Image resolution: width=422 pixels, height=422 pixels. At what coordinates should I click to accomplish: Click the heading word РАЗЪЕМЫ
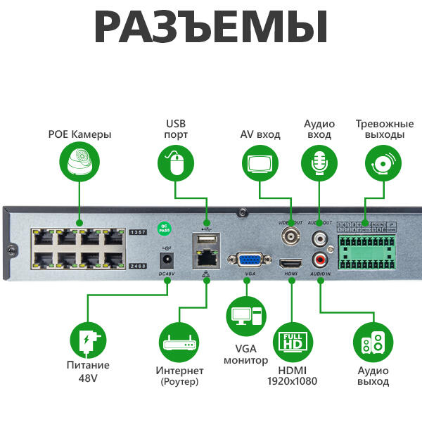pos(211,28)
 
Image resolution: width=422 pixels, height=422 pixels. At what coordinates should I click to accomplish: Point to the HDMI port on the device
pos(291,264)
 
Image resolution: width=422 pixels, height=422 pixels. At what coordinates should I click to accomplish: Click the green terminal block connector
pos(366,250)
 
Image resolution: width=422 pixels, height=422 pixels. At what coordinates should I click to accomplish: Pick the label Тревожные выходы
pos(380,129)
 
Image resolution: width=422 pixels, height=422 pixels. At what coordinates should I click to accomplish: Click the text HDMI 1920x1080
pos(292,376)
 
